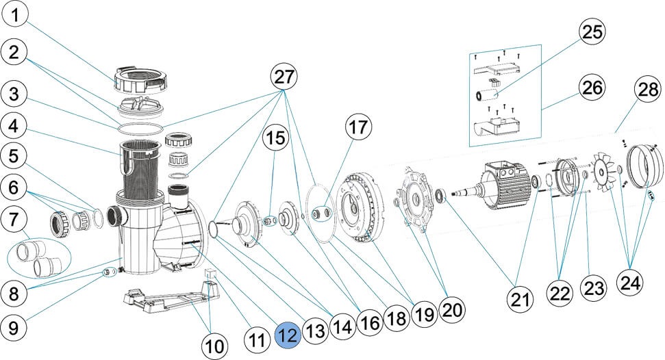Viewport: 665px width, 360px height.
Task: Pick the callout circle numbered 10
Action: tap(216, 346)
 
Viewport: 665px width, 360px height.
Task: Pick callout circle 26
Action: tap(593, 87)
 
